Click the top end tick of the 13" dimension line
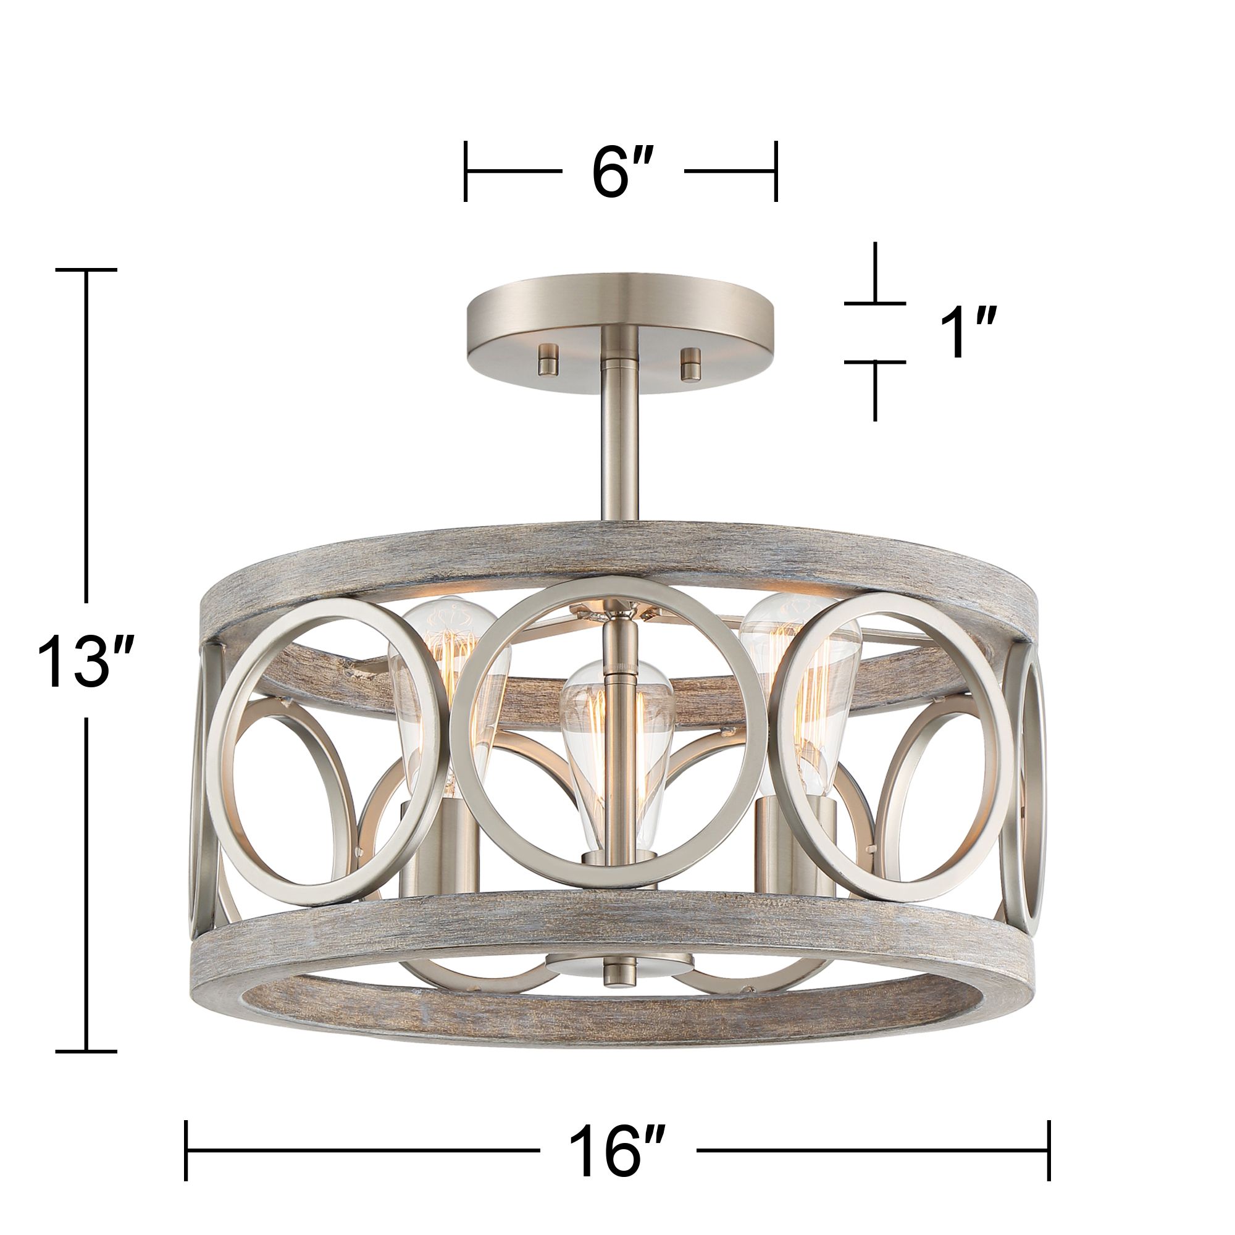(x=86, y=270)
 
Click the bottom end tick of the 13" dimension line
(x=86, y=1051)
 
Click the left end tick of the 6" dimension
(x=466, y=171)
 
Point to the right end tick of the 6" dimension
(x=776, y=171)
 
